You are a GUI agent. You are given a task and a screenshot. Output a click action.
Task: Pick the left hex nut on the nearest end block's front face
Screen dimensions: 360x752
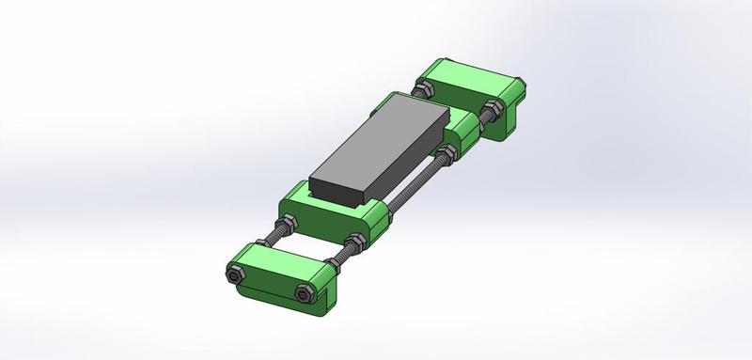click(x=234, y=276)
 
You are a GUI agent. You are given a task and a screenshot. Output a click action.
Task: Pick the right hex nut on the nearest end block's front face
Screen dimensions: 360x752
click(x=303, y=294)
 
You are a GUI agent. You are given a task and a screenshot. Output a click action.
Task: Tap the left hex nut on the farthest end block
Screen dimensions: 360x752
click(x=424, y=89)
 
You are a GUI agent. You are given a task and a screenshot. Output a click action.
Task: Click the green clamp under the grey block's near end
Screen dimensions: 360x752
click(x=334, y=211)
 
